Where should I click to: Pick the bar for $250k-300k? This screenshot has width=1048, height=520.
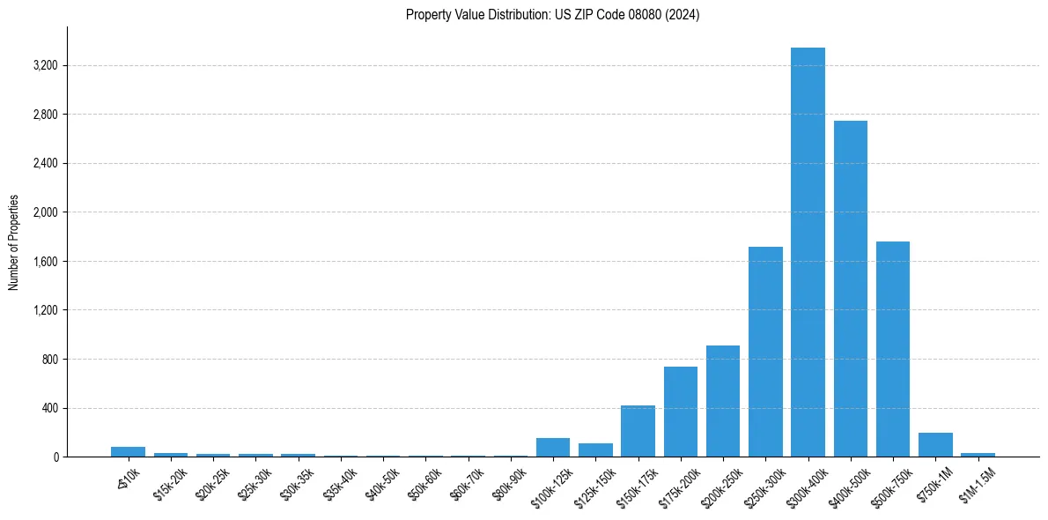tap(765, 352)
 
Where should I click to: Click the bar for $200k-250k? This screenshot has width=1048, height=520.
tap(723, 401)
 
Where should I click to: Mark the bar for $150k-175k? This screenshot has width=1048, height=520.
tap(638, 431)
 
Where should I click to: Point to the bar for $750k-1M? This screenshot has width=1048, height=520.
tap(935, 445)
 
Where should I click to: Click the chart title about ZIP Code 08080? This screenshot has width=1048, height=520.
tap(552, 15)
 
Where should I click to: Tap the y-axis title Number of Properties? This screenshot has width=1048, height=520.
tap(14, 242)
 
